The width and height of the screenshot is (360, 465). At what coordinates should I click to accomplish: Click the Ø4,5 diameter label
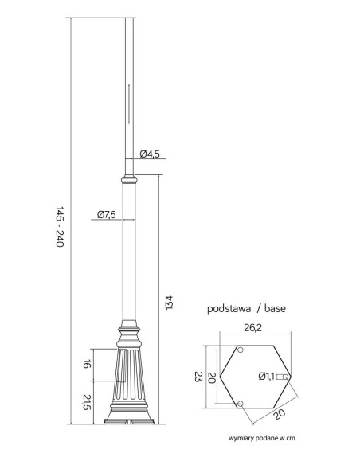pos(150,154)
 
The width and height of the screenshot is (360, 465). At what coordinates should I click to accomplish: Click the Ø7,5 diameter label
pos(107,214)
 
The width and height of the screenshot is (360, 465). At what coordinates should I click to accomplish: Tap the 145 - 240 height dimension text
pos(60,227)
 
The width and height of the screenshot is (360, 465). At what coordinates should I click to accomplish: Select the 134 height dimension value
pos(168,303)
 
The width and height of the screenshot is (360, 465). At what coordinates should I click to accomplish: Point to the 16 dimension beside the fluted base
pos(86,364)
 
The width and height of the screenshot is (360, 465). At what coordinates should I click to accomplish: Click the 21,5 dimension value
pos(86,402)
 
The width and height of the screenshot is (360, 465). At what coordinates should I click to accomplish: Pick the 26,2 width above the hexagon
pos(253,328)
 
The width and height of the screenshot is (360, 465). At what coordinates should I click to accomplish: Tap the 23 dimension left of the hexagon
pos(198,377)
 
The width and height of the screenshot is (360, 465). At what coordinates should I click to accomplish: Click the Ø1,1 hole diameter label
pos(266,377)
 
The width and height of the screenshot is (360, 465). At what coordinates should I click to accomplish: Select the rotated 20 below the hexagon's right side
pos(279,414)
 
